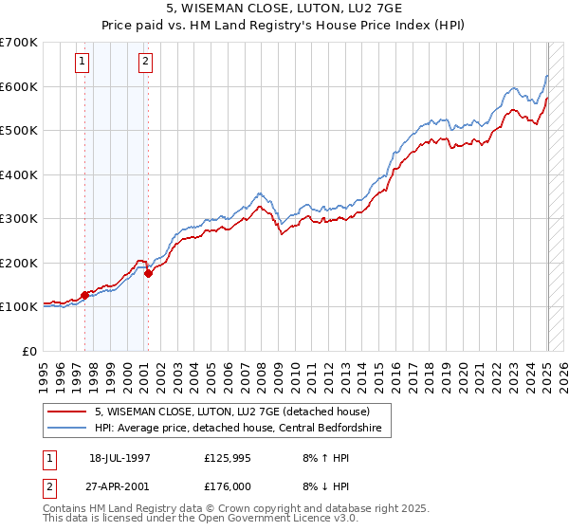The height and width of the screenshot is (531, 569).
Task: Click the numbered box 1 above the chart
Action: pyautogui.click(x=83, y=63)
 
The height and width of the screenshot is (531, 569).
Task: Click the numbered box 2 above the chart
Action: pyautogui.click(x=145, y=63)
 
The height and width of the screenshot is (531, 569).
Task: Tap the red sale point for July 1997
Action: pyautogui.click(x=85, y=295)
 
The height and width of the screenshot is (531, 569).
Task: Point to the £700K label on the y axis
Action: pyautogui.click(x=19, y=43)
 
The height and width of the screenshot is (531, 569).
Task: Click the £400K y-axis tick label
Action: pyautogui.click(x=19, y=174)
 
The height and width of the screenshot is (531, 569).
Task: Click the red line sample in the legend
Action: pyautogui.click(x=67, y=412)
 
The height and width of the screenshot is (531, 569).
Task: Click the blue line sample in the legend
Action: pyautogui.click(x=67, y=429)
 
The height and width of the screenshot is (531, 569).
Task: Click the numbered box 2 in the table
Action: pyautogui.click(x=49, y=487)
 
